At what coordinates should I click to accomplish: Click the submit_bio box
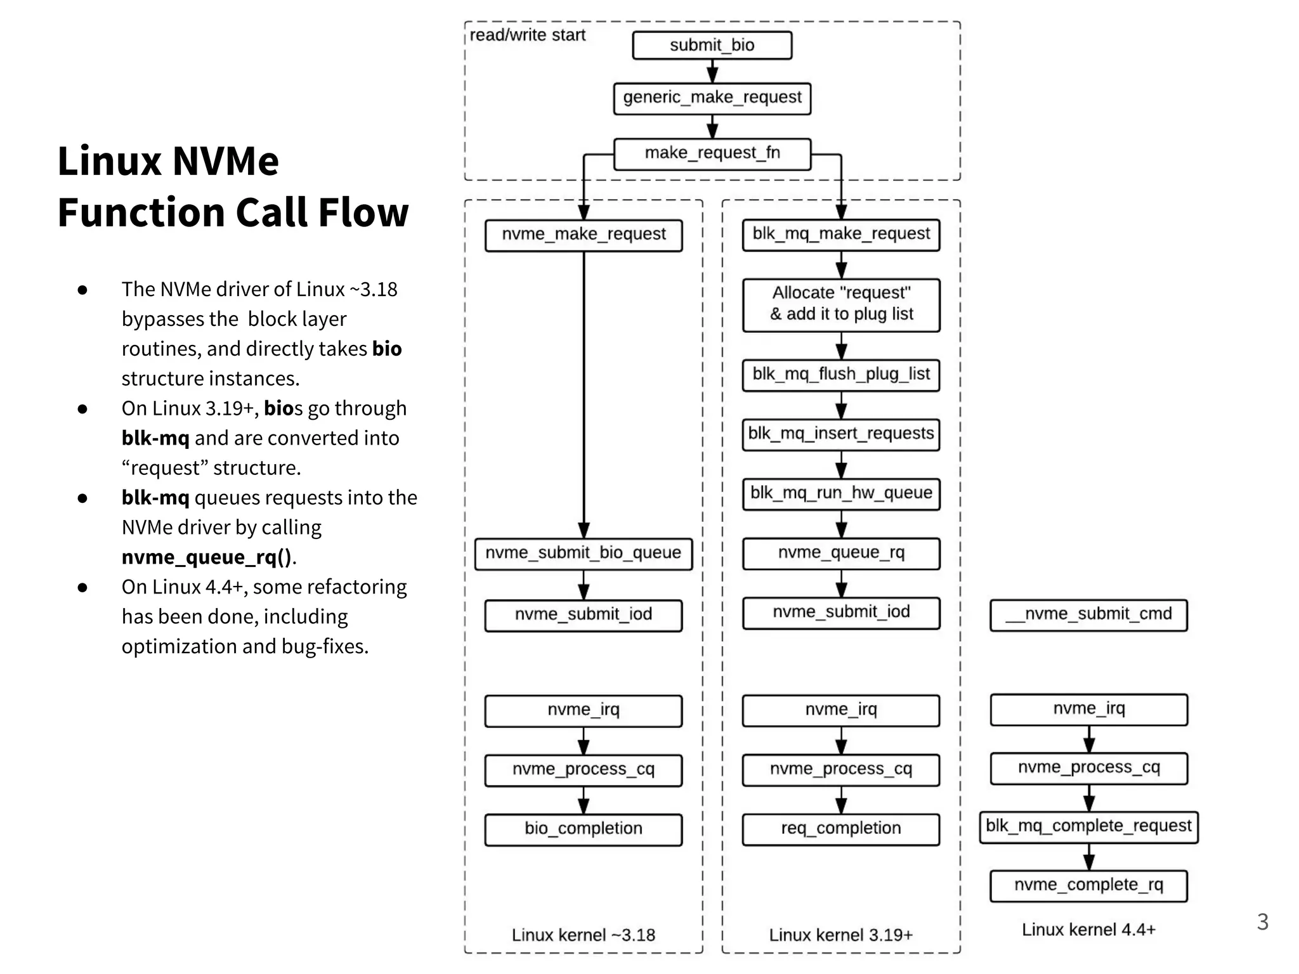712,45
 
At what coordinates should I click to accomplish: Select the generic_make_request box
712,98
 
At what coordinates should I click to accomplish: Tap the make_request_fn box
712,153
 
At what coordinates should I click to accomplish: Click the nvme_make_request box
584,235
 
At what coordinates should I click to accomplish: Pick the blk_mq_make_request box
841,234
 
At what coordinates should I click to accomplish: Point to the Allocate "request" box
841,304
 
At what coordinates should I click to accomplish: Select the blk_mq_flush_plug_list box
841,374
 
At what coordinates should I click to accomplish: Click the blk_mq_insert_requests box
841,434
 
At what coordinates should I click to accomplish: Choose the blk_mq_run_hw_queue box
841,493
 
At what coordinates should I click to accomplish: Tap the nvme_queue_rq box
841,553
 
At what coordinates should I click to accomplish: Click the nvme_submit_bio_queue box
584,553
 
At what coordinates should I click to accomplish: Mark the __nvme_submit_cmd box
1088,614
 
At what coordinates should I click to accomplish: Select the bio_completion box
584,829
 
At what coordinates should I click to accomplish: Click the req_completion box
841,829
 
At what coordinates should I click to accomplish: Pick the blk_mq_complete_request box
1088,826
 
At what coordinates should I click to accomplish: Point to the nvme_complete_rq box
1088,885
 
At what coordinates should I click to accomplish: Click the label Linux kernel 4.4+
1088,930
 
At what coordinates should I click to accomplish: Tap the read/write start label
527,35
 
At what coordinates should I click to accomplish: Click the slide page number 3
1262,921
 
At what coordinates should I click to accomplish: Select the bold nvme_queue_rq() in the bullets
207,557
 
